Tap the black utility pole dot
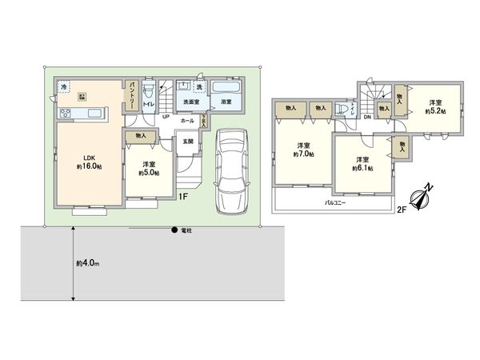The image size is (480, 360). (174, 232)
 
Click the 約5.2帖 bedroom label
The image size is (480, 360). (434, 106)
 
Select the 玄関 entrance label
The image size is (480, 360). (187, 142)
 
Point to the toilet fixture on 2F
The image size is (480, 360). (343, 107)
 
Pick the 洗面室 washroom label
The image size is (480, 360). (190, 102)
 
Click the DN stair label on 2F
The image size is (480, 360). (366, 118)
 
